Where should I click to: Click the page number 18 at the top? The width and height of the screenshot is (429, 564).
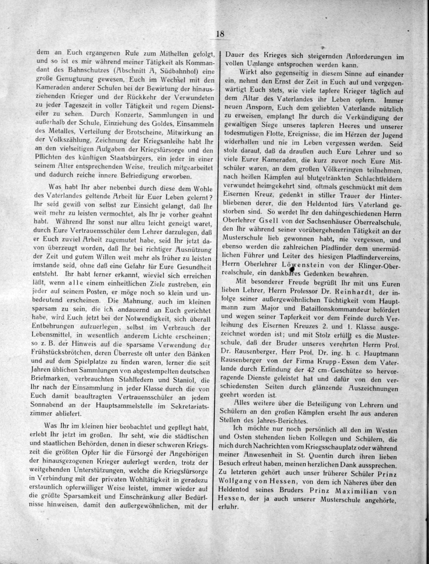pos(220,34)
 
